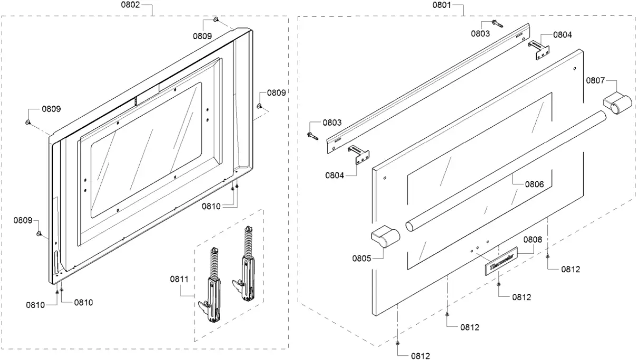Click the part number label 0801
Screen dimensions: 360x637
click(442, 6)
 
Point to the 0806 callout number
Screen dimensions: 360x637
click(534, 185)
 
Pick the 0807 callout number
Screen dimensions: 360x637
click(595, 80)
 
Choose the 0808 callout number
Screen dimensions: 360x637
click(533, 239)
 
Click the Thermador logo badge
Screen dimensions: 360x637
click(499, 266)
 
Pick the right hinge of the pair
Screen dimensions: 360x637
click(248, 266)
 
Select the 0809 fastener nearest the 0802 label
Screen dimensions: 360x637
click(216, 20)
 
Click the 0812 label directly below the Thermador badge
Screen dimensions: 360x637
click(521, 297)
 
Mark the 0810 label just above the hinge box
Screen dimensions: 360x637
click(212, 206)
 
